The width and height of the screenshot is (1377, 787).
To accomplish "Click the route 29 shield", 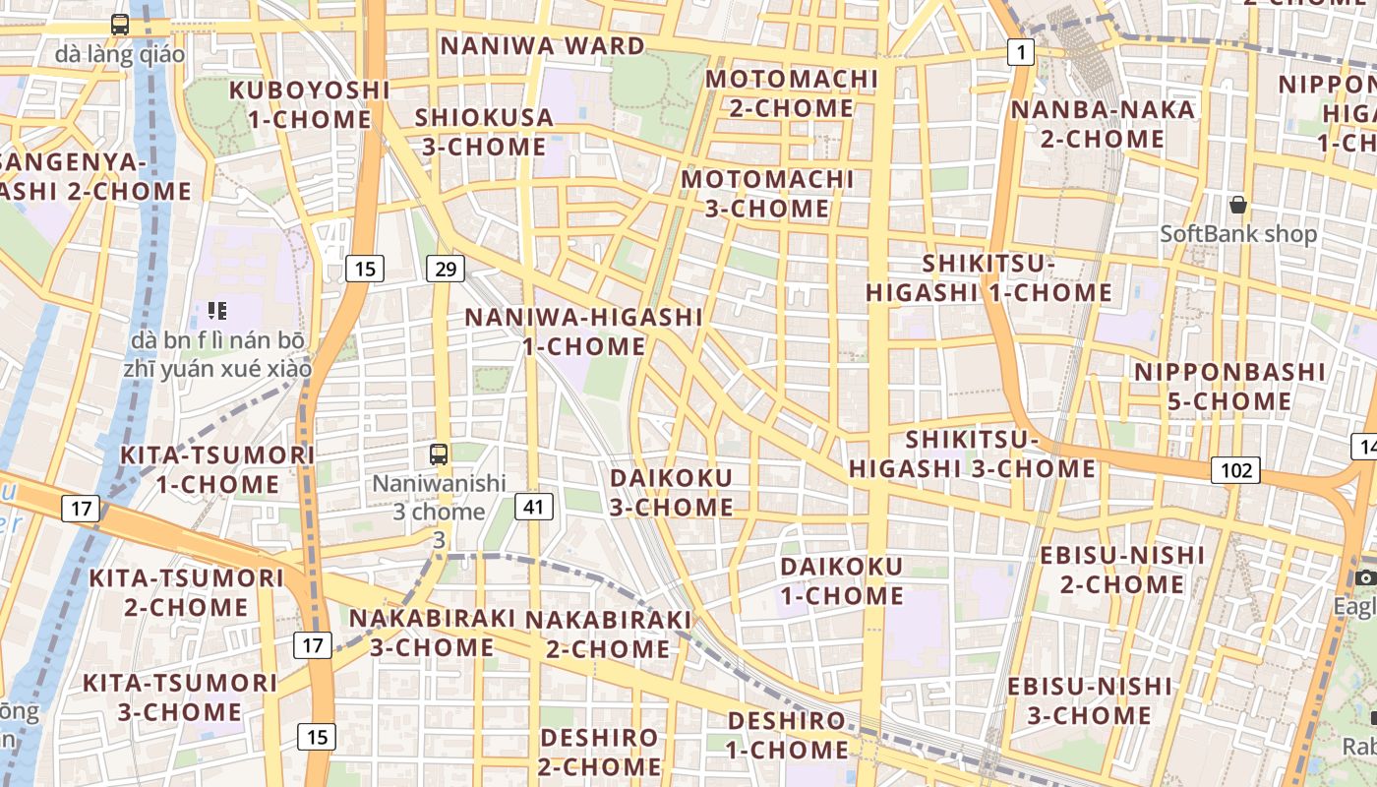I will [x=446, y=269].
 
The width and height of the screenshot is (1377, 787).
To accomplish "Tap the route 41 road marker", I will [x=533, y=507].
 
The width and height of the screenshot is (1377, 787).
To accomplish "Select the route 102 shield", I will [x=1235, y=470].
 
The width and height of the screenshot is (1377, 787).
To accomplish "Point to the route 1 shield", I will [x=1021, y=52].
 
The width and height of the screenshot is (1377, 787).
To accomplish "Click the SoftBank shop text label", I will [x=1237, y=234].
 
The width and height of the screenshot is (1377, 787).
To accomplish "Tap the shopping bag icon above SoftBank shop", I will [x=1238, y=205].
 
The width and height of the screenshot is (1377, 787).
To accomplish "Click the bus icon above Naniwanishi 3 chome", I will [x=439, y=454].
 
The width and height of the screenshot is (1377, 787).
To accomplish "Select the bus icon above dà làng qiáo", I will [x=120, y=25].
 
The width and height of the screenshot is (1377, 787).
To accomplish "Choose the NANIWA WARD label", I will [x=542, y=46].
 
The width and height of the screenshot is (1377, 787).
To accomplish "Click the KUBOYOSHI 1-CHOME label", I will [x=310, y=104].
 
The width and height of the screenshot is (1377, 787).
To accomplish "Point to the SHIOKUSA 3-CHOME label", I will [x=484, y=132].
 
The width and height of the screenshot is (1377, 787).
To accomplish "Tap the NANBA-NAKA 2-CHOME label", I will [x=1103, y=124].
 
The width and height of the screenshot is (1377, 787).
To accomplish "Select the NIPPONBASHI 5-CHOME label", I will [x=1229, y=387].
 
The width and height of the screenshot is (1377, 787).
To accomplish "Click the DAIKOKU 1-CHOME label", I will [x=842, y=580].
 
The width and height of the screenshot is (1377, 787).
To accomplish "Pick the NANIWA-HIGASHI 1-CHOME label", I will [x=584, y=332].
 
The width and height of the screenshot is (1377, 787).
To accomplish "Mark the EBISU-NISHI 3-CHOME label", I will [x=1090, y=700].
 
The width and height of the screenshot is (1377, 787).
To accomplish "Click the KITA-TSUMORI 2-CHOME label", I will [x=186, y=592].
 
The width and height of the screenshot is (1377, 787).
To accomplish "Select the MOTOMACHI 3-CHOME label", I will [x=767, y=194].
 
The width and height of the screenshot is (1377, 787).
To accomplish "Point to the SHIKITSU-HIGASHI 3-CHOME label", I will [x=972, y=454].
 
